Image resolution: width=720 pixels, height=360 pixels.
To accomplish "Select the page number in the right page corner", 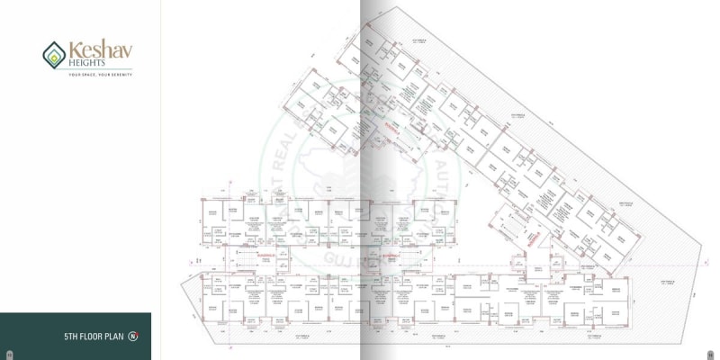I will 710,352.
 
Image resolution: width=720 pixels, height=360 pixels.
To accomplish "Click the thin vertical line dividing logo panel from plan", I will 160,180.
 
